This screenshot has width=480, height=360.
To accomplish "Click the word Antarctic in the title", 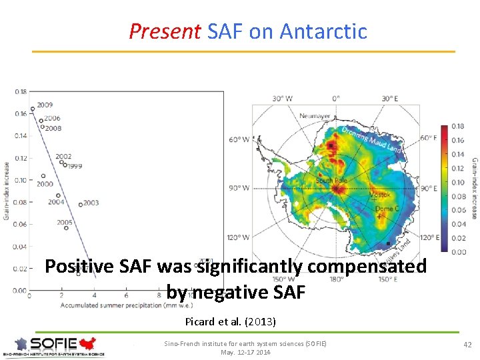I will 323,31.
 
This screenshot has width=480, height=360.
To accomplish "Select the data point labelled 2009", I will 32,109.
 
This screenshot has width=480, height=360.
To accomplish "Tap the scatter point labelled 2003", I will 80,205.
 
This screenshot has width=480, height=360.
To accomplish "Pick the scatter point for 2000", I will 43,177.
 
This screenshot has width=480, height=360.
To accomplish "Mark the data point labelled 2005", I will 67,228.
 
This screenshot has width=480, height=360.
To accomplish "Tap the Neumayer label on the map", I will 314,116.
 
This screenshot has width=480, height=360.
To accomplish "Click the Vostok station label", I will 380,195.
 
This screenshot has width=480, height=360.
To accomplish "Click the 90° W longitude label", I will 239,188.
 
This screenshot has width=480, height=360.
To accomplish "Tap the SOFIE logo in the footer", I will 53,345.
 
